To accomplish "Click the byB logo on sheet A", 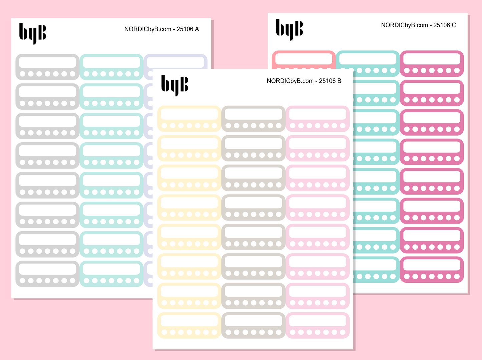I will click(x=33, y=33).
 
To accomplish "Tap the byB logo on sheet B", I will click(x=175, y=85).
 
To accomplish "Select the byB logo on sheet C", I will click(x=289, y=29).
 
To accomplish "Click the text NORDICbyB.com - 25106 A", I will click(x=162, y=29).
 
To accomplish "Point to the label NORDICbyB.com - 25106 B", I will click(x=304, y=81).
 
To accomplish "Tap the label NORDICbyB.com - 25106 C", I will click(x=418, y=25).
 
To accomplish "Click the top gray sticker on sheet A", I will click(x=47, y=67).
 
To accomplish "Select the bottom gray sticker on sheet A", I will click(x=47, y=274).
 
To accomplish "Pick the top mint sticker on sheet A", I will click(x=111, y=67).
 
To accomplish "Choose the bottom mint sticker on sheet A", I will click(x=111, y=274).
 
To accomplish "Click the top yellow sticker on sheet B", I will click(x=189, y=119).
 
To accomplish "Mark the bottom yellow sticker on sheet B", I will click(x=189, y=325).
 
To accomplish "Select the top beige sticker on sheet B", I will click(x=253, y=119).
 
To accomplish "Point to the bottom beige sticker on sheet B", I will click(x=253, y=325).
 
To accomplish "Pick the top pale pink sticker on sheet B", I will click(x=318, y=119).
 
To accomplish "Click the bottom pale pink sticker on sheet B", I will click(x=318, y=325).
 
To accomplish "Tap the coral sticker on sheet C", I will click(x=304, y=60).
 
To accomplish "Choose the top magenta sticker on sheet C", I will click(x=432, y=64).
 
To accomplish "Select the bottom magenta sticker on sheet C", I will click(x=432, y=270).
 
